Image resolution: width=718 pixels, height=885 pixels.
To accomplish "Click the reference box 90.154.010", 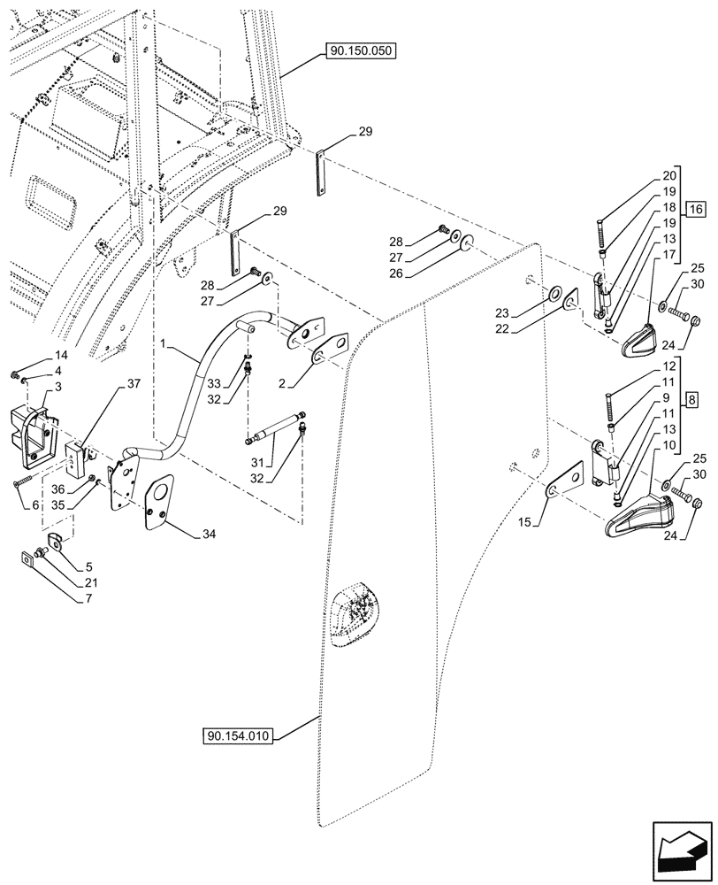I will [x=240, y=735].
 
